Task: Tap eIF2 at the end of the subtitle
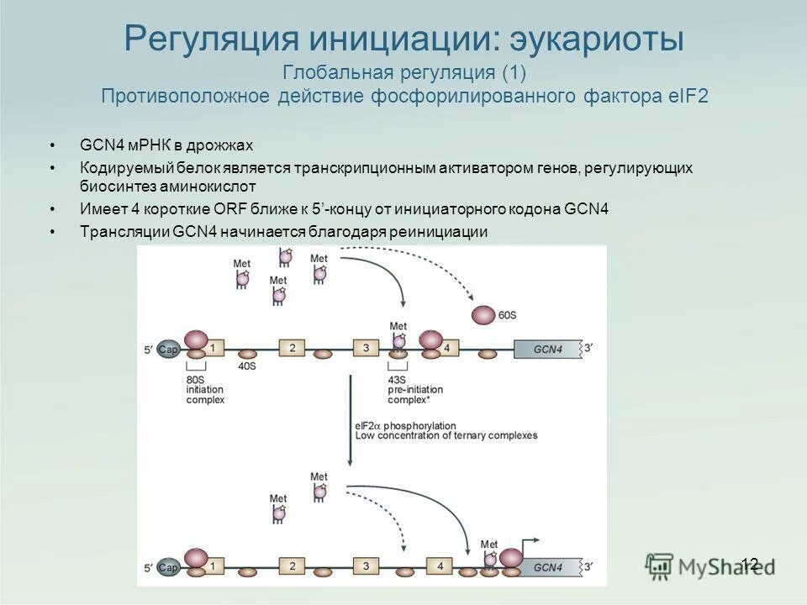688,96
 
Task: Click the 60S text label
507,314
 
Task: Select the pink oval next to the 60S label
483,315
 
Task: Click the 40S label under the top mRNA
247,366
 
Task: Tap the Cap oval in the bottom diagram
168,566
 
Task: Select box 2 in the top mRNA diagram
292,348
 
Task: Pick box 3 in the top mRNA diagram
367,348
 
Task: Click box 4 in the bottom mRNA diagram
440,566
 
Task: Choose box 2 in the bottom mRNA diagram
292,566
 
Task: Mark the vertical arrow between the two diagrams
350,420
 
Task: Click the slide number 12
751,564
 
